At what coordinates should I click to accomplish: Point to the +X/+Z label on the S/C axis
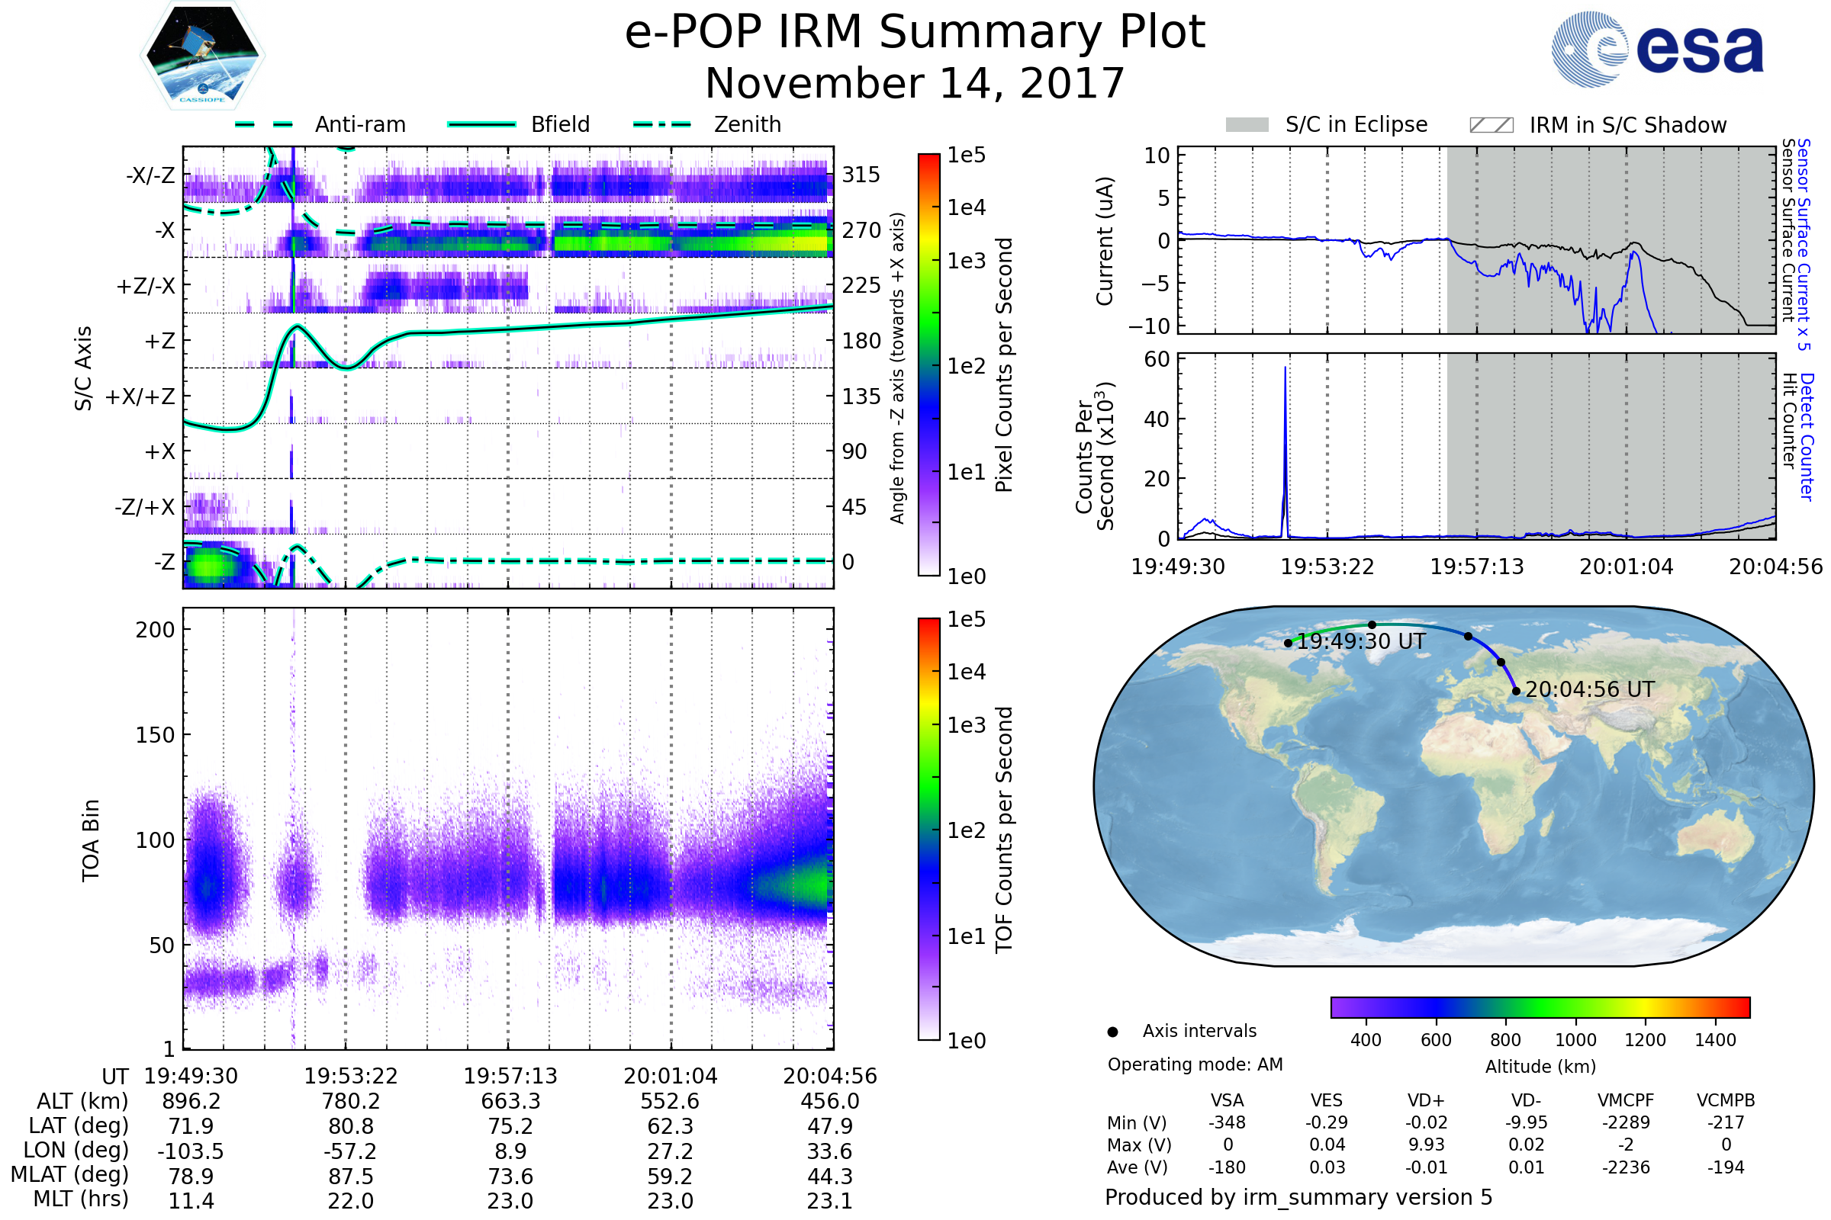(140, 396)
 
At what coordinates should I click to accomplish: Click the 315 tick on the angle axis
(861, 175)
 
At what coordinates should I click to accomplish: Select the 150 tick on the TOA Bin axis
(155, 735)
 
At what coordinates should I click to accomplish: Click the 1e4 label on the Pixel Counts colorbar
(966, 207)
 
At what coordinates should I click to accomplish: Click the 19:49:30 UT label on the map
(1361, 642)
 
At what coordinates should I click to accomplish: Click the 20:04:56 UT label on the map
(1590, 690)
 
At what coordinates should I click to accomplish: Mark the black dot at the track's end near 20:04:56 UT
(1516, 691)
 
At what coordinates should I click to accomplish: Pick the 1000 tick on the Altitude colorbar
(1575, 1040)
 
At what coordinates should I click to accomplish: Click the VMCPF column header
(1626, 1101)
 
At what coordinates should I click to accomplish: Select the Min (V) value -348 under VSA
(1227, 1122)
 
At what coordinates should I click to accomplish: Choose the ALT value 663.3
(510, 1102)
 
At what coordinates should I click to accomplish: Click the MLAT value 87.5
(351, 1177)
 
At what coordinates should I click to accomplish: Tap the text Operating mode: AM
(1195, 1064)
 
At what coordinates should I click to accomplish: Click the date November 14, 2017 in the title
(915, 84)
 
